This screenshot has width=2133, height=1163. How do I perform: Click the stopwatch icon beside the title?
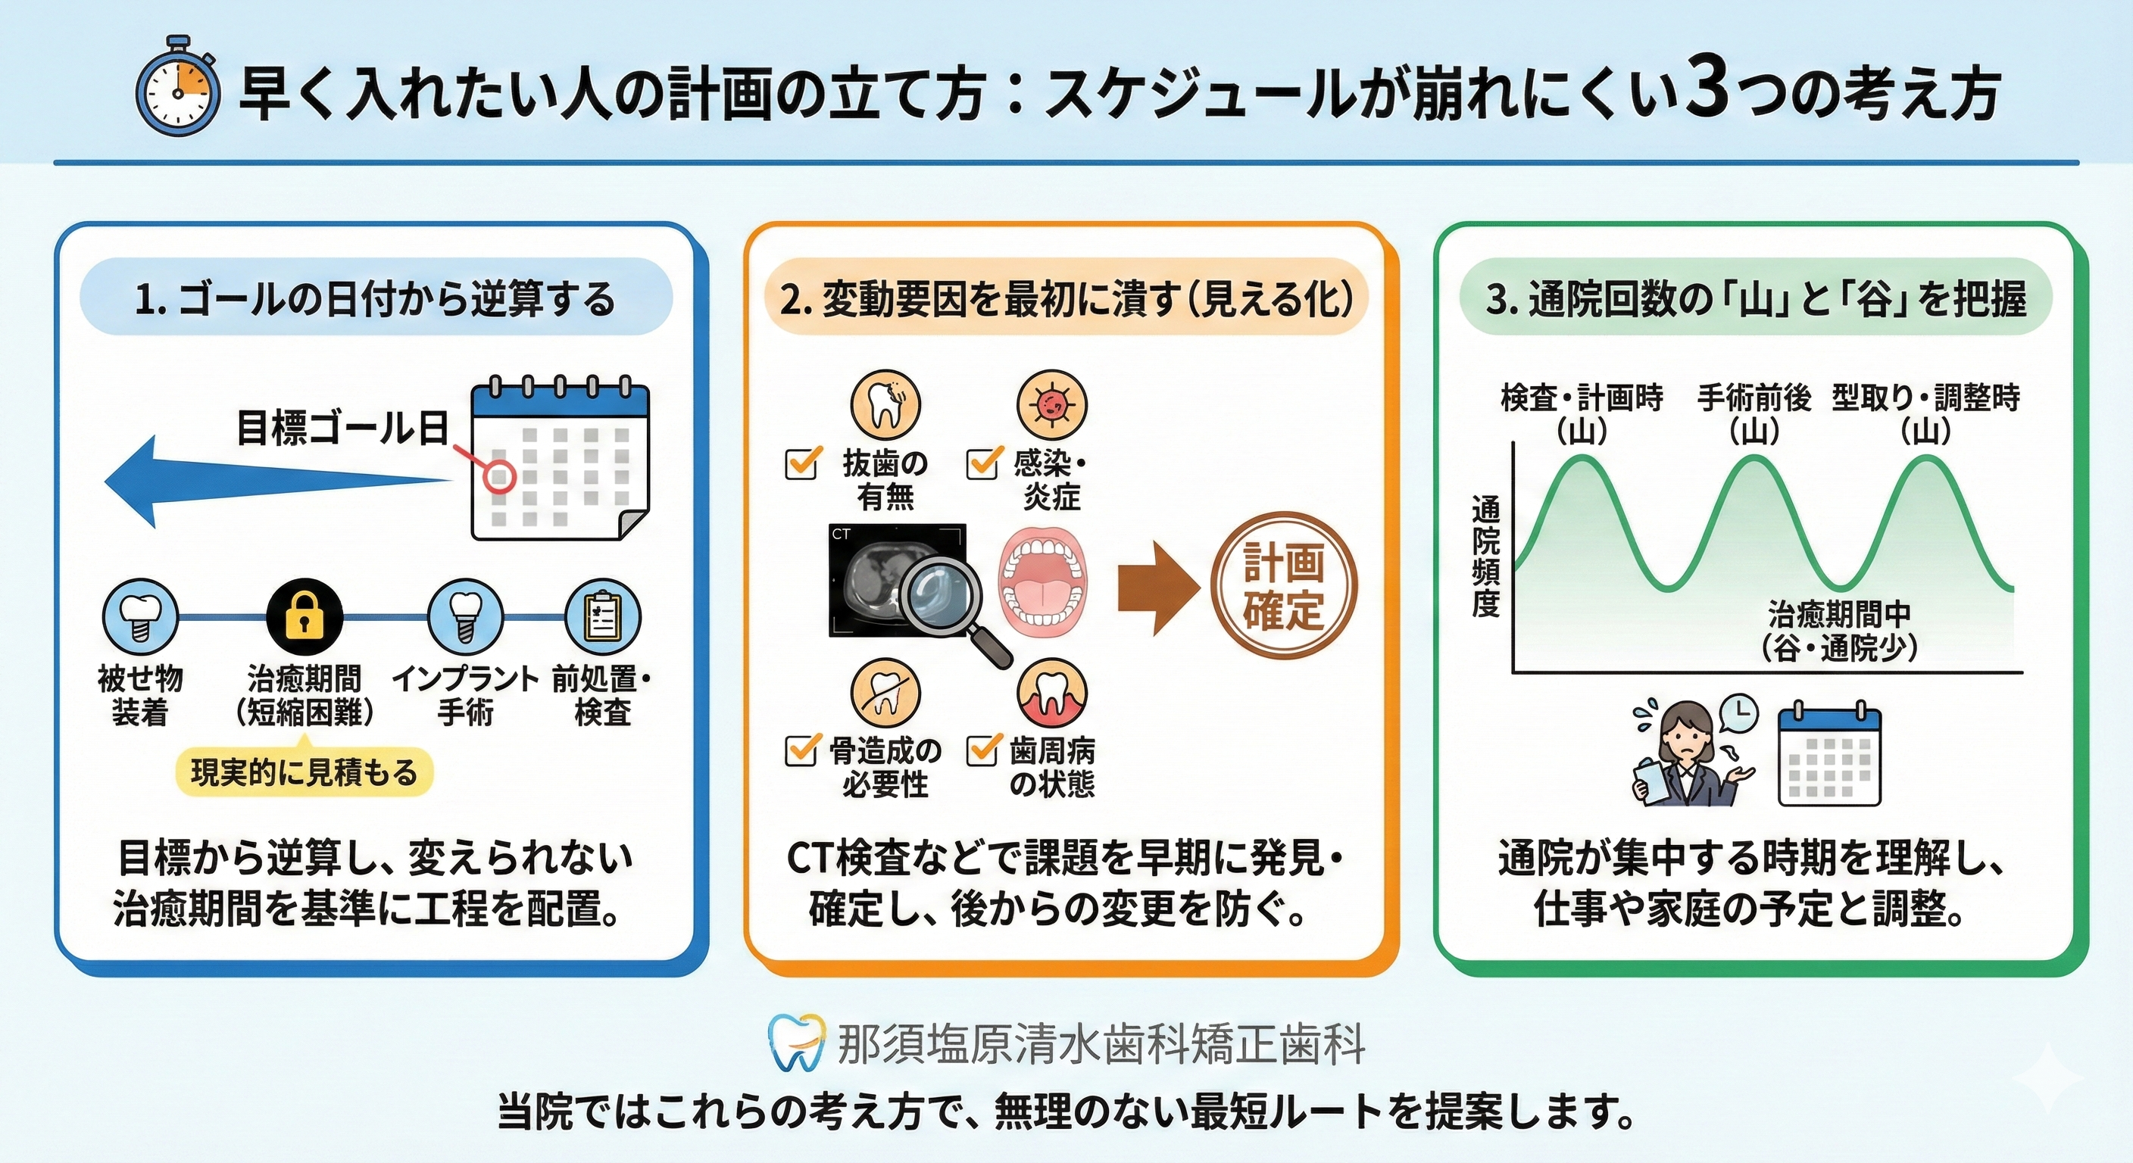click(177, 87)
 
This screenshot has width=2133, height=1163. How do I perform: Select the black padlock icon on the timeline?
click(304, 616)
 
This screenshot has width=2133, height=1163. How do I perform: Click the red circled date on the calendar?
click(499, 477)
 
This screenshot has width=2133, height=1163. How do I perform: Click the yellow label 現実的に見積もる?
click(304, 772)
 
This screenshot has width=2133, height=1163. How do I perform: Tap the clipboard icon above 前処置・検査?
click(602, 616)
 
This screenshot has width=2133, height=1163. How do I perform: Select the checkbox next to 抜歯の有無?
click(801, 463)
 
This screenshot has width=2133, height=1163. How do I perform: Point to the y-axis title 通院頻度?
click(1485, 557)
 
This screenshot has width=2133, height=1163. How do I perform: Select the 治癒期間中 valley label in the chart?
click(1839, 615)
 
